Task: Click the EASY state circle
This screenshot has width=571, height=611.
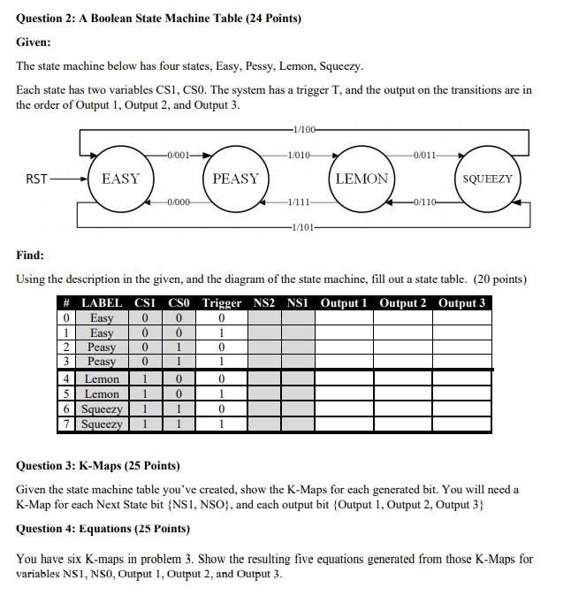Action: pyautogui.click(x=121, y=179)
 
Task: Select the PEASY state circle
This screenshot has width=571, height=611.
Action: pyautogui.click(x=236, y=179)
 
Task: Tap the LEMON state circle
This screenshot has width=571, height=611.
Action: pyautogui.click(x=362, y=179)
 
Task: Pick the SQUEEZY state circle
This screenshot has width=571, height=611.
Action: pyautogui.click(x=487, y=179)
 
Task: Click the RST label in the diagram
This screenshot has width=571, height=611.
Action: pyautogui.click(x=36, y=179)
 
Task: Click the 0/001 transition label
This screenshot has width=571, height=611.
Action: pyautogui.click(x=179, y=156)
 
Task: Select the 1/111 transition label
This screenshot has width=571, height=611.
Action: pyautogui.click(x=299, y=202)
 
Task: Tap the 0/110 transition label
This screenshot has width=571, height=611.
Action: pyautogui.click(x=425, y=202)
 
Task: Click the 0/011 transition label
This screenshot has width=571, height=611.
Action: pyautogui.click(x=425, y=156)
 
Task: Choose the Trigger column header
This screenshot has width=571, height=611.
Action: pyautogui.click(x=221, y=303)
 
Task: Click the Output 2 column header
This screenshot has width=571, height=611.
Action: pyautogui.click(x=402, y=303)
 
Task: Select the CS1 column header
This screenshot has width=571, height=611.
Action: pyautogui.click(x=145, y=303)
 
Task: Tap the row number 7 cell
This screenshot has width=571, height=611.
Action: pyautogui.click(x=66, y=424)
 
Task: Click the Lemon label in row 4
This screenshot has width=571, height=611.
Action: pyautogui.click(x=102, y=378)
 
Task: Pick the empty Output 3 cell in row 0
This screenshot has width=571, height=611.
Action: pyautogui.click(x=461, y=318)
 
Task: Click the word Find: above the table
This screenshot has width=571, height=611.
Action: pyautogui.click(x=30, y=255)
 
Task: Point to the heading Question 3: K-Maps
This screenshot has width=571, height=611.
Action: pyautogui.click(x=98, y=465)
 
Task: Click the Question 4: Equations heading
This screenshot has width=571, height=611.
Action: pyautogui.click(x=103, y=529)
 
